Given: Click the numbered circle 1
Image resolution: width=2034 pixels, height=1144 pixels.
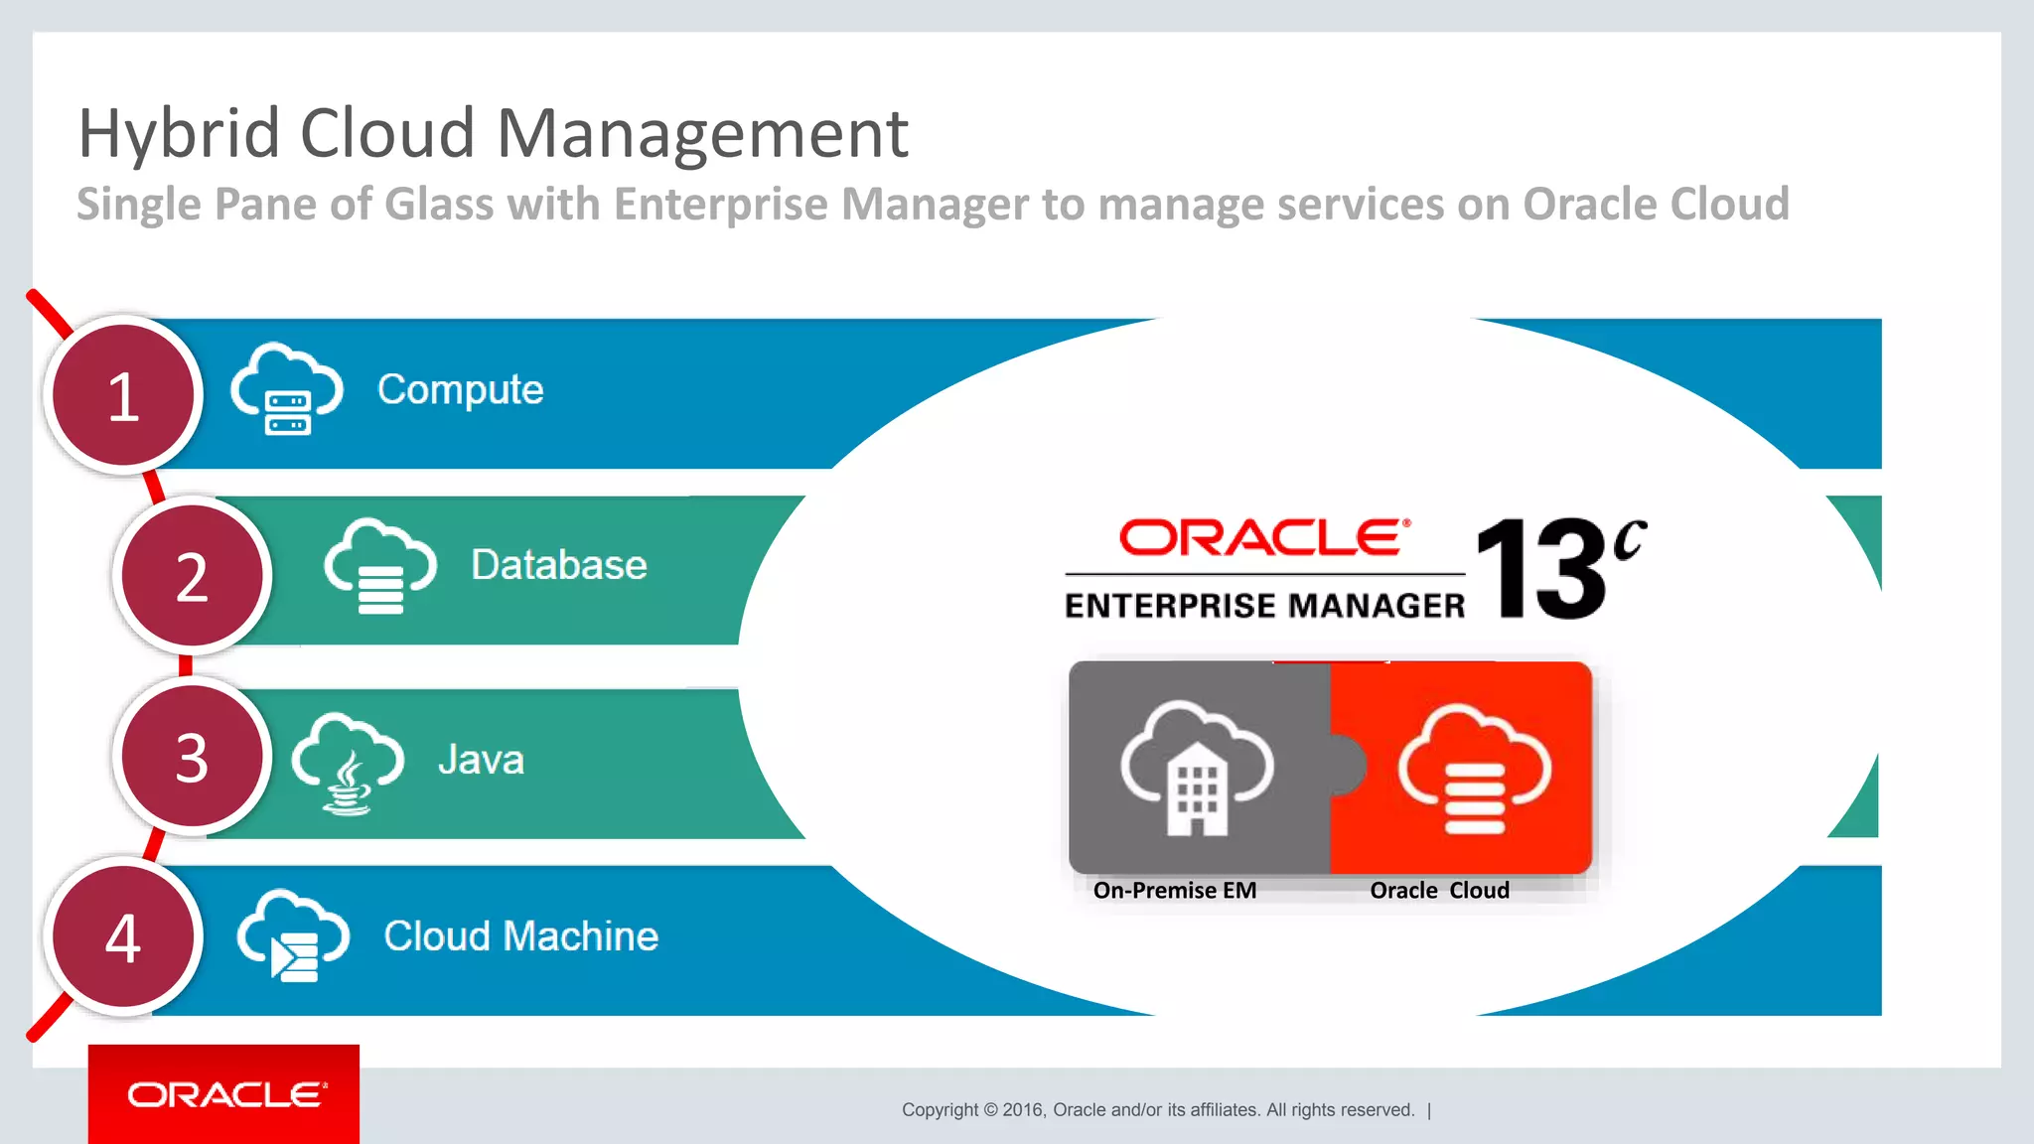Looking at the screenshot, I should point(123,395).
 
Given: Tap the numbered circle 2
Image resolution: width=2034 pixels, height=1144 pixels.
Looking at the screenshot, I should point(192,576).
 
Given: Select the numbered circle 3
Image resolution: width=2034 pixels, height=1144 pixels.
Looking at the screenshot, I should point(192,757).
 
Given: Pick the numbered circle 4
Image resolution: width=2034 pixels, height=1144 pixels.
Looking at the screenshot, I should point(123,937).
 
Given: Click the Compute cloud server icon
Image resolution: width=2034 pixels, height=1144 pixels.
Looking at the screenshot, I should point(287,390).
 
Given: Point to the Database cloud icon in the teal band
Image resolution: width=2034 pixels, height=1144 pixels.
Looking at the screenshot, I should point(379,566).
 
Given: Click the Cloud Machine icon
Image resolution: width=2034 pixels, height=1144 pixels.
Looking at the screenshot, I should point(293,936).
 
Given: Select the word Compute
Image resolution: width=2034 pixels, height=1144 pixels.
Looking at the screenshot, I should point(460,389).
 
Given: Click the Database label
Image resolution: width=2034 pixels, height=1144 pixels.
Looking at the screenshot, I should point(558,565).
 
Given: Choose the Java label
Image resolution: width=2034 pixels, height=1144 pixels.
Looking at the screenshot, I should point(481,760).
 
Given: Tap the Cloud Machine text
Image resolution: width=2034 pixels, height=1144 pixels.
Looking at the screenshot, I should point(520,936).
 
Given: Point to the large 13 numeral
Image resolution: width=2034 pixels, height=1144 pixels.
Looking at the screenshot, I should point(1539,569).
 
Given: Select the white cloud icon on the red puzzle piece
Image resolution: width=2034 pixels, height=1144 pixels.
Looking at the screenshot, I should point(1474,770).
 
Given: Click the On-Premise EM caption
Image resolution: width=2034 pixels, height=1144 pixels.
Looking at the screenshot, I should point(1174,891).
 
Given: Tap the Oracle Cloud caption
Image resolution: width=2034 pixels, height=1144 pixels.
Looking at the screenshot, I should point(1439,891).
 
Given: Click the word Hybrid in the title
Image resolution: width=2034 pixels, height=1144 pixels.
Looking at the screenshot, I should point(179,134).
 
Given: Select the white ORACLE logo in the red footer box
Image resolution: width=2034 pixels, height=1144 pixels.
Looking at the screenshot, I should point(225,1094).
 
